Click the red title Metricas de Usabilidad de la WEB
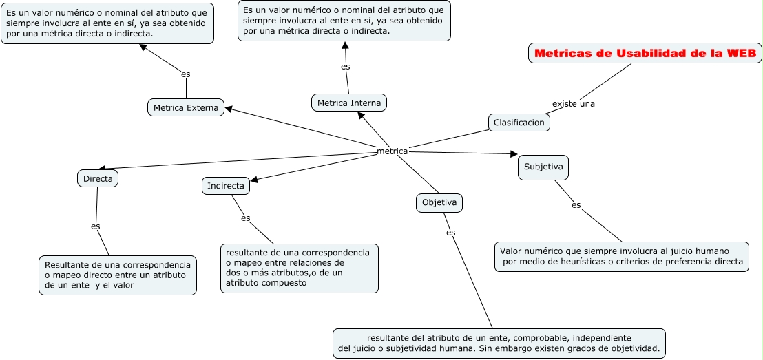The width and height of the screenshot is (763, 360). click(x=645, y=53)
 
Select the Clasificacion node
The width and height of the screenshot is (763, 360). click(x=519, y=123)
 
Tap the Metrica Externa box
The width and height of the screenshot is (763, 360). click(x=186, y=107)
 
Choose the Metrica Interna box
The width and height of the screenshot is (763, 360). click(x=349, y=103)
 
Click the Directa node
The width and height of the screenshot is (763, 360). click(x=98, y=178)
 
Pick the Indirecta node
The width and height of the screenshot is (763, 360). click(x=225, y=186)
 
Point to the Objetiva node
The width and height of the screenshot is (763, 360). click(x=439, y=202)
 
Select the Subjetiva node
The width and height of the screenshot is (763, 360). click(x=543, y=167)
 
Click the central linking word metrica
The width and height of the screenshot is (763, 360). click(x=393, y=151)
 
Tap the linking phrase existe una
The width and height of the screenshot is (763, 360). click(x=573, y=104)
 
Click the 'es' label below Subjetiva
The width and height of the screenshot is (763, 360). click(x=576, y=204)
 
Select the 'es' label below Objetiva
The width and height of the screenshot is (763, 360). click(x=450, y=233)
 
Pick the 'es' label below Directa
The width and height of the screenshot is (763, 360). click(x=96, y=226)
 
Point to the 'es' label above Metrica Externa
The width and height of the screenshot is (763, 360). click(x=185, y=74)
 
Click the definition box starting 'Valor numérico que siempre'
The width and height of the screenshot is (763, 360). click(x=621, y=256)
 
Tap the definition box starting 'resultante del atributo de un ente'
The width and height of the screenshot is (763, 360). click(x=499, y=343)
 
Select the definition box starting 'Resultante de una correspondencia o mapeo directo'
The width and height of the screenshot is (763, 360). click(x=117, y=275)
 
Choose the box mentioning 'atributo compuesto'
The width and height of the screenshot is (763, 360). click(x=299, y=268)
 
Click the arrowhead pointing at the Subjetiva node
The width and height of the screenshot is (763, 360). click(x=514, y=154)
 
